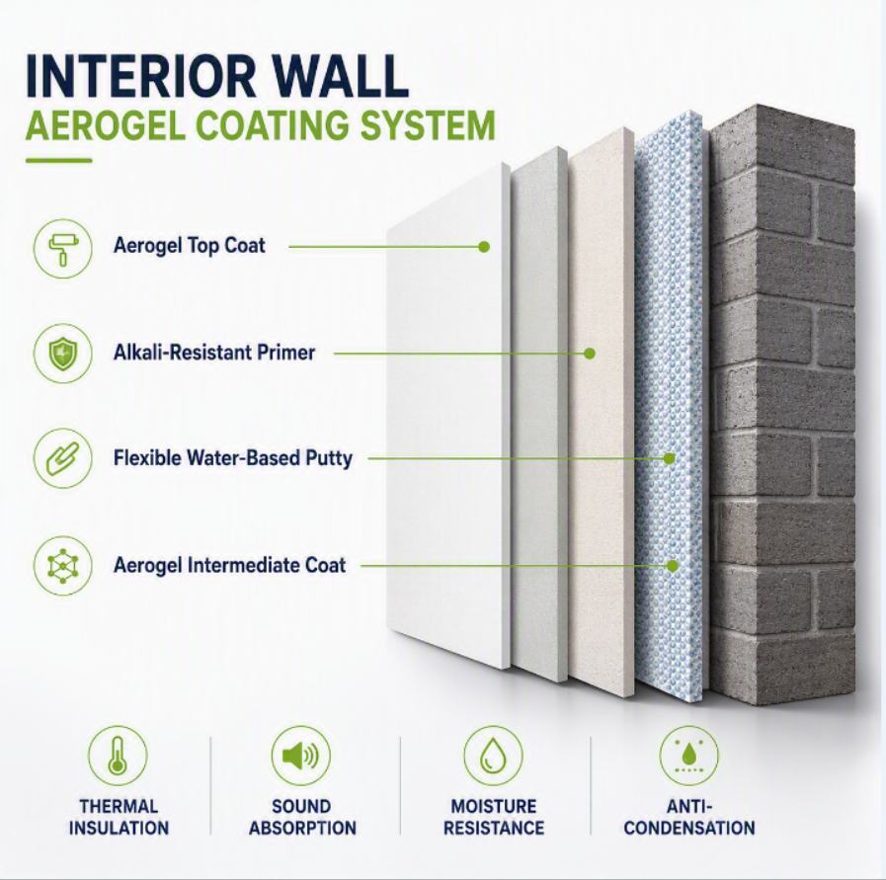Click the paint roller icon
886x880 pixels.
[x=62, y=249]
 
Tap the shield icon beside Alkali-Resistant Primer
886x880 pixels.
[x=62, y=353]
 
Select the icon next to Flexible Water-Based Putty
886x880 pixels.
[x=62, y=458]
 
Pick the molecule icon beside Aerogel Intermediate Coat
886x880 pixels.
[x=62, y=565]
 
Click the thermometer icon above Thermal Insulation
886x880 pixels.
[x=119, y=756]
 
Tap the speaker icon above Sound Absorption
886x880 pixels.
[x=301, y=756]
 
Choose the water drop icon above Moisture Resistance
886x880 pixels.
[x=493, y=756]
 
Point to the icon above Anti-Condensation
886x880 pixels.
[x=688, y=756]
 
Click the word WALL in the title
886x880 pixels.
[x=338, y=76]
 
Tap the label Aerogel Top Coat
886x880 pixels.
[x=190, y=246]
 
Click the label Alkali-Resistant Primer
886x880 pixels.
[x=214, y=353]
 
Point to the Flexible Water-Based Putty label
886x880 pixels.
[x=233, y=458]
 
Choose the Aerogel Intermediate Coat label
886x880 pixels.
[x=229, y=565]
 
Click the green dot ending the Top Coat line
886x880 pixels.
[x=484, y=247]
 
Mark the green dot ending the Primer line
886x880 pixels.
[x=590, y=354]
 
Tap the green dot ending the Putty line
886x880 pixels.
[x=670, y=458]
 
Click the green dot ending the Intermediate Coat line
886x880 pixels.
[x=673, y=565]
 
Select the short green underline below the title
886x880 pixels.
[x=58, y=160]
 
